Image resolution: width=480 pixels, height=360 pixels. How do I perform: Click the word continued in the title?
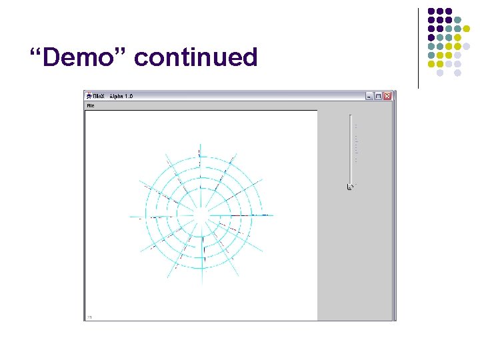195,57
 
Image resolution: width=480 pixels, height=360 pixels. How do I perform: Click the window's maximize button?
378,96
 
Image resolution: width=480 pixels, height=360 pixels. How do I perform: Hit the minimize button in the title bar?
369,96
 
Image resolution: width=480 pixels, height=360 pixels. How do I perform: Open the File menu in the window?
90,105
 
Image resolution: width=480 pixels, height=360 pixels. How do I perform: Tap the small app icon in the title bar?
89,96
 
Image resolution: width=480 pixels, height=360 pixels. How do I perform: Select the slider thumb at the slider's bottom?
350,187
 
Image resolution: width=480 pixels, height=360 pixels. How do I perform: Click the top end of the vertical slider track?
350,117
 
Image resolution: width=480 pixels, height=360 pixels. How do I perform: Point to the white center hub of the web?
201,216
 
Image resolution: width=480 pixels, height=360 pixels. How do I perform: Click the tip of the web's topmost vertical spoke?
199,143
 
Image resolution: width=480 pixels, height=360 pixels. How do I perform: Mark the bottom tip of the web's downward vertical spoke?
200,288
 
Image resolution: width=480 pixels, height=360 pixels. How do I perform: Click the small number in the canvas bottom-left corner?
89,317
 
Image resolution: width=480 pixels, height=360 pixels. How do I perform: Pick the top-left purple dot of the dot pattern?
431,12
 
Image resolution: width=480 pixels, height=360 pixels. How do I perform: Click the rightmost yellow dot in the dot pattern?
467,47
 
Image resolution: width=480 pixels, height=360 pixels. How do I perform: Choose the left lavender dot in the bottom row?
440,73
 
